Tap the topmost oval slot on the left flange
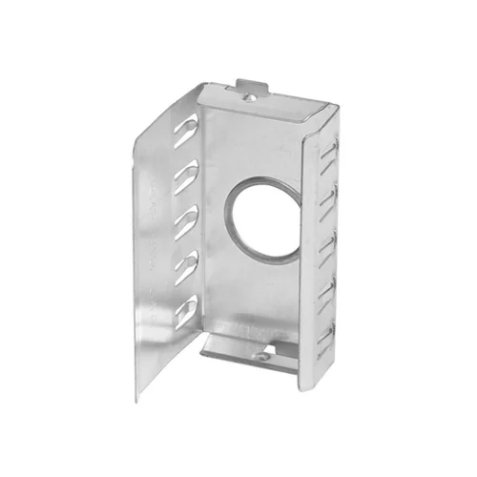point(186,128)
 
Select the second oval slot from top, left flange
point(186,174)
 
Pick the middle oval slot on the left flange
point(186,218)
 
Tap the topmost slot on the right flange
point(329,150)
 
